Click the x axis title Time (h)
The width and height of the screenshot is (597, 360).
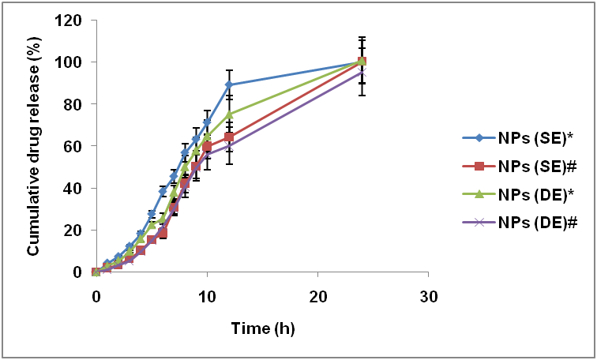pyautogui.click(x=262, y=327)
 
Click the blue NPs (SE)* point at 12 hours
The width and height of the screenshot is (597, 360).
pyautogui.click(x=229, y=84)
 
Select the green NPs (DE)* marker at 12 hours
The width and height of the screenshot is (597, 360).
pyautogui.click(x=229, y=114)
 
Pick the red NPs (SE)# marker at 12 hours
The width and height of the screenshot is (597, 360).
pyautogui.click(x=229, y=137)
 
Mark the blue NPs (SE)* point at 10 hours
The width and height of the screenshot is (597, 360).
pyautogui.click(x=207, y=122)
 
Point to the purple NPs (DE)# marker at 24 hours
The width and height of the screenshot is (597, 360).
pyautogui.click(x=362, y=72)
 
